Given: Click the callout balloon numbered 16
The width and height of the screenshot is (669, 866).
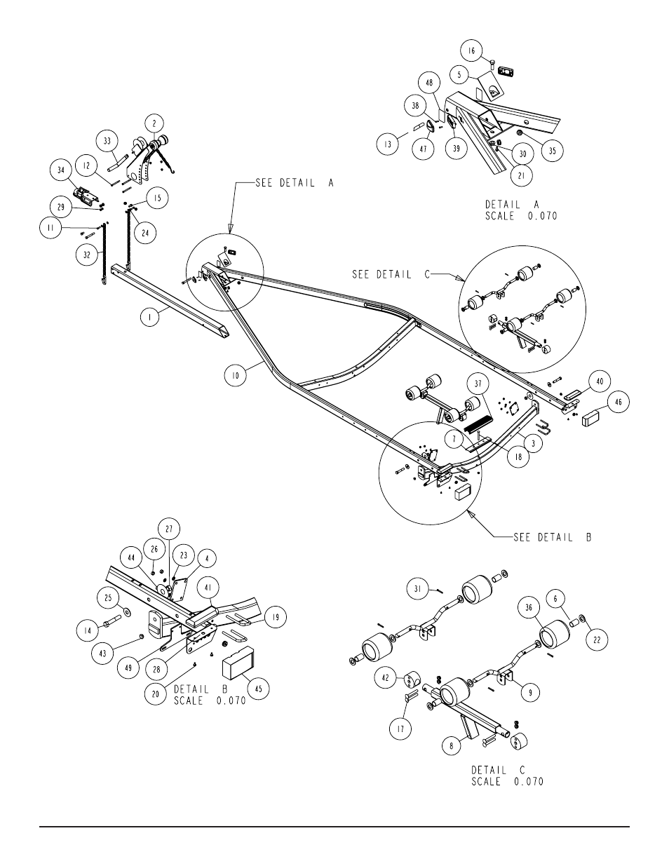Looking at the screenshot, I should coord(471,51).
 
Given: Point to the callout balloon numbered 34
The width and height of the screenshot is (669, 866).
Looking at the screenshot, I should coord(61,170).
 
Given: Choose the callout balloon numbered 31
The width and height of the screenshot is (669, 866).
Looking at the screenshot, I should coord(418,589).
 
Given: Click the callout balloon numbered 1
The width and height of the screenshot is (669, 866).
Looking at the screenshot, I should coord(150,317).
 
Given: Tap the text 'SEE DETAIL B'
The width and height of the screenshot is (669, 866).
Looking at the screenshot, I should coord(553,537).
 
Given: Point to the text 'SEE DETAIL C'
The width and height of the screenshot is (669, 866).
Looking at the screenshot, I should coord(381,274).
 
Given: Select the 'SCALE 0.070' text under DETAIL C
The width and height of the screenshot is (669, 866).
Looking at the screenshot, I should coord(506,781).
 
